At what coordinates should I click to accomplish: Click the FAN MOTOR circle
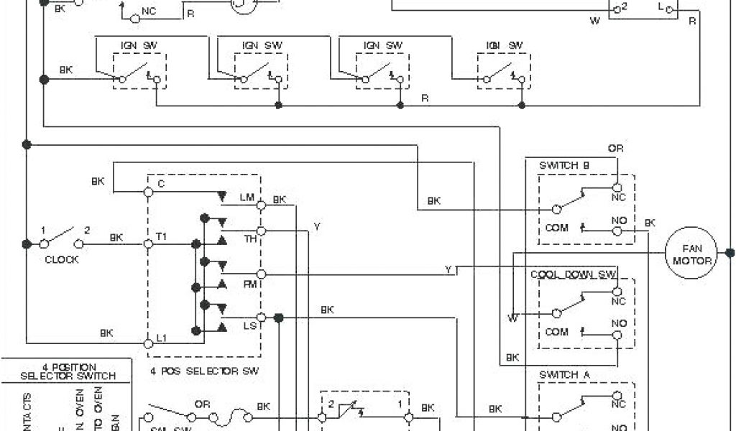click(691, 254)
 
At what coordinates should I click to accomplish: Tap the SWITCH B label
click(564, 165)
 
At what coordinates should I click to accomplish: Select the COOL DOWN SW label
click(574, 274)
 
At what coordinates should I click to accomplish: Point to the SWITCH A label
click(564, 374)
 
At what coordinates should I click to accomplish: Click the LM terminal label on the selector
click(247, 197)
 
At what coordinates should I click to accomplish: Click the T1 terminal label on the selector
click(162, 236)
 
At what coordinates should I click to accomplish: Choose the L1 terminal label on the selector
click(162, 338)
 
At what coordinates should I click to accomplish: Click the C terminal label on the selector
click(161, 184)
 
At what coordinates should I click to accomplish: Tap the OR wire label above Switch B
click(615, 149)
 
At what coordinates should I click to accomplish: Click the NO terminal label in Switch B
click(618, 220)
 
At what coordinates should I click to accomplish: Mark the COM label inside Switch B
click(557, 228)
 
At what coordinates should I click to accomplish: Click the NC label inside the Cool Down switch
click(618, 302)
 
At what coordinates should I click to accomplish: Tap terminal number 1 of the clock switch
click(43, 230)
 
